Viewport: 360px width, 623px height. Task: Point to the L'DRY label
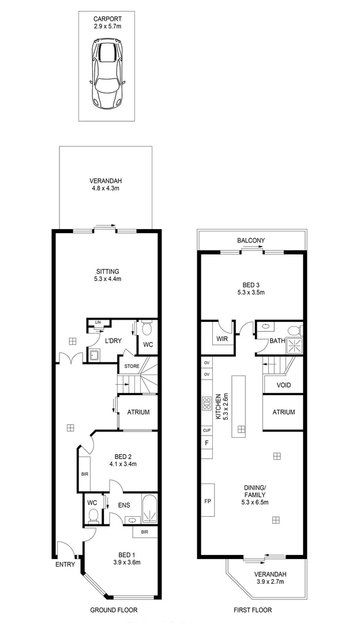coord(112,341)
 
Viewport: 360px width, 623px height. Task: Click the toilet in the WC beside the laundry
coord(147,329)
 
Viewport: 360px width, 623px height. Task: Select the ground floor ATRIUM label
coord(138,412)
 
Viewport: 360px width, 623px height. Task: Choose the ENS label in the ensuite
coord(124,505)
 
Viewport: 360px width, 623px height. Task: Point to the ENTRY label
coord(65,565)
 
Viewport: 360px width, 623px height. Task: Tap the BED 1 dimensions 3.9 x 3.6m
coord(125,562)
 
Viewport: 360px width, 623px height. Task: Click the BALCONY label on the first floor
coord(250,241)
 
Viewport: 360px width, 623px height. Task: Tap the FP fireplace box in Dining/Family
coord(208,501)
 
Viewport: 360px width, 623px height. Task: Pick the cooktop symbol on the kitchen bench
coord(206,404)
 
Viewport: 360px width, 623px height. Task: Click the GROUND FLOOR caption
coord(114,610)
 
